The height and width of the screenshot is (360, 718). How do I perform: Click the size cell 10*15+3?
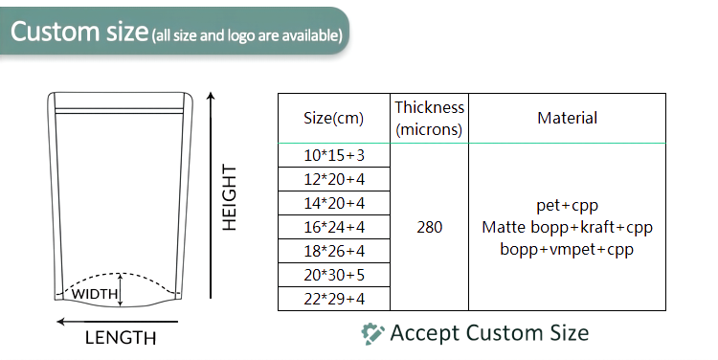(x=334, y=155)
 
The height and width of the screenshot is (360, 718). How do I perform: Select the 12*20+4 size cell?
(x=334, y=179)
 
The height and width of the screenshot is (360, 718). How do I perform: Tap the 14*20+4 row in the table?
(x=334, y=203)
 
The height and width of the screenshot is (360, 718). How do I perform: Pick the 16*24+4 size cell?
(x=334, y=227)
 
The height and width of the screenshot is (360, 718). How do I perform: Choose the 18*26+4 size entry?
(x=334, y=251)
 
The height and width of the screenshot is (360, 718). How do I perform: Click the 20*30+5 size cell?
(x=334, y=275)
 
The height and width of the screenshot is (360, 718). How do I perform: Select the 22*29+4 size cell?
(x=334, y=299)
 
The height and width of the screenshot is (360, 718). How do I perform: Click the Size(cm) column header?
(x=334, y=119)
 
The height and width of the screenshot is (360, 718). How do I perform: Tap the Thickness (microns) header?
(x=430, y=119)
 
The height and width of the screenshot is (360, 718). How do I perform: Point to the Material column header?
(x=567, y=119)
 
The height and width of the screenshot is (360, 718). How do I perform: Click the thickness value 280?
(x=430, y=228)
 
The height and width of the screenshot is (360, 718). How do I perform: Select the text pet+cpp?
(x=567, y=206)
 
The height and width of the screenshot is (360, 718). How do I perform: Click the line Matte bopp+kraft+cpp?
(x=567, y=228)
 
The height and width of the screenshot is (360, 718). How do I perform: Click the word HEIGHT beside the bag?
(x=230, y=196)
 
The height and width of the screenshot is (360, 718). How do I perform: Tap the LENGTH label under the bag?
(x=121, y=338)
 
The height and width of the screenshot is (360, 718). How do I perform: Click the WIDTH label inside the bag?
(x=95, y=293)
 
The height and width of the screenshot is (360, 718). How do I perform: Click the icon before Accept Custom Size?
(x=371, y=333)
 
